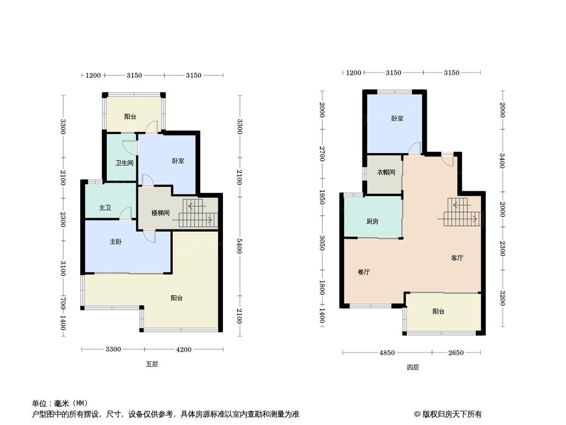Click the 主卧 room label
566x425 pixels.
[116, 242]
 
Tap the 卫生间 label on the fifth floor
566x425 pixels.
[124, 163]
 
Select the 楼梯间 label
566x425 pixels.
[160, 212]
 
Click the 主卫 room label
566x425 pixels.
[105, 208]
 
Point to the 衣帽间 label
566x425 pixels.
[386, 172]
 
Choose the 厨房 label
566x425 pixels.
[372, 222]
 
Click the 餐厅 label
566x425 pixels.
[364, 272]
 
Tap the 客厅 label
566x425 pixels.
[457, 258]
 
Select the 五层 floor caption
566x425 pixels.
[152, 364]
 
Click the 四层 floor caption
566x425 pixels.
[413, 367]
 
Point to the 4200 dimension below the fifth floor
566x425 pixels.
[184, 349]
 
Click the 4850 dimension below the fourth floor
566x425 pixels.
[387, 352]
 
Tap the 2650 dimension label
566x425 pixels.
[456, 352]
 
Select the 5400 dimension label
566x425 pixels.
[239, 246]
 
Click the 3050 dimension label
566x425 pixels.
[322, 243]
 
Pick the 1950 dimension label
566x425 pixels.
[322, 197]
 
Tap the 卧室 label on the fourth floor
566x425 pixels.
[397, 118]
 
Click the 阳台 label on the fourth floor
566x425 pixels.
[438, 311]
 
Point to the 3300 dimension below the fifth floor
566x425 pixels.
[113, 349]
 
